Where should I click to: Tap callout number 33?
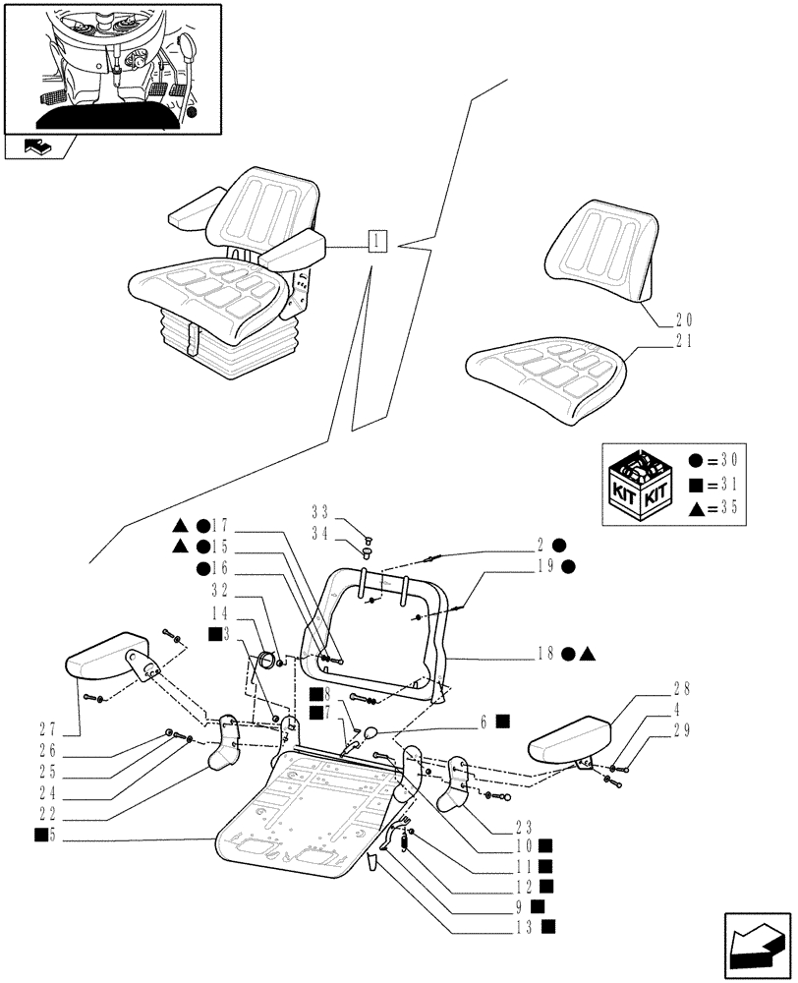(x=319, y=512)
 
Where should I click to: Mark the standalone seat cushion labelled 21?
(x=545, y=378)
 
